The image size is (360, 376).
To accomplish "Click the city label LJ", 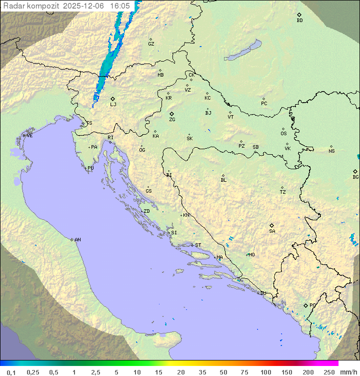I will point(113,104).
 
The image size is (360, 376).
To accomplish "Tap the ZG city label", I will point(172,120).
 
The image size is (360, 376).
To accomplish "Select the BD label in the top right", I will point(299,21).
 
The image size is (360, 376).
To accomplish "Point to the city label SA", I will point(272,231).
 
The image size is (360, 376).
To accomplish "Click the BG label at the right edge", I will point(355,177).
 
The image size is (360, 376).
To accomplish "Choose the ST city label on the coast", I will point(198,245).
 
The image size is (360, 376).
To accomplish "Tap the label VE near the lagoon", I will point(29,136).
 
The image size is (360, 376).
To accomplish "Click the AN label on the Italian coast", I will point(77,240).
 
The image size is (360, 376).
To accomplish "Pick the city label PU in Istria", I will point(90,168).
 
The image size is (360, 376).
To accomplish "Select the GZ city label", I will point(151,44).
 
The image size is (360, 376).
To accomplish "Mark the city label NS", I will point(331,151).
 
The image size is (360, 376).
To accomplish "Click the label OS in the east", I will point(283,134).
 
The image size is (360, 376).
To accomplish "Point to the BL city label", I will point(223,180).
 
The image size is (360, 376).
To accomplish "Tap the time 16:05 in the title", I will point(120,6).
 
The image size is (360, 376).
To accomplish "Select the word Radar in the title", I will point(13,6).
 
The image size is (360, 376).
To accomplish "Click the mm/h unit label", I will point(348,372).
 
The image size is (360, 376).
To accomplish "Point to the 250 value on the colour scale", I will point(329,372).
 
